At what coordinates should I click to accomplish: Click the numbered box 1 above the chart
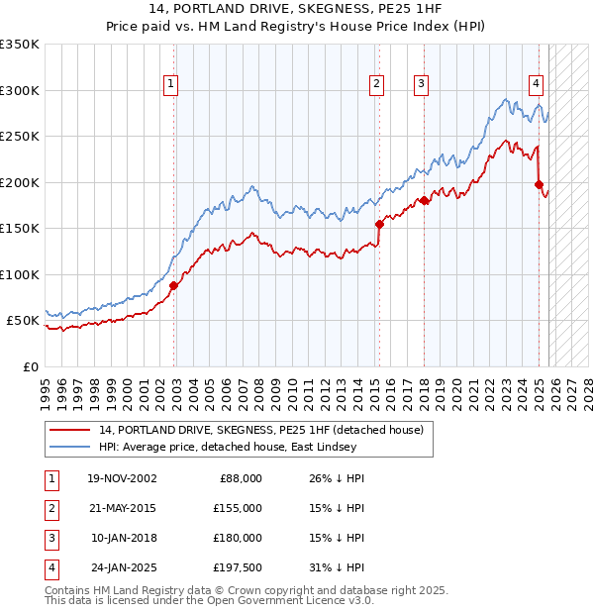pyautogui.click(x=171, y=85)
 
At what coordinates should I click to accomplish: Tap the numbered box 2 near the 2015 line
pyautogui.click(x=377, y=85)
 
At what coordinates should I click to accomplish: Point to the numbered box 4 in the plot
pyautogui.click(x=536, y=85)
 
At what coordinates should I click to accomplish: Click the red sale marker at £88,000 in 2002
pyautogui.click(x=173, y=285)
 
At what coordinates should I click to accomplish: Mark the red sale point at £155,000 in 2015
pyautogui.click(x=378, y=224)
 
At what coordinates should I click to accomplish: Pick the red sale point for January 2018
pyautogui.click(x=423, y=201)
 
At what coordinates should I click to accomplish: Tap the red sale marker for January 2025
pyautogui.click(x=540, y=184)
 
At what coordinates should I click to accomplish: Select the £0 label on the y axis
pyautogui.click(x=31, y=366)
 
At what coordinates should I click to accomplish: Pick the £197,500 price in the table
pyautogui.click(x=237, y=568)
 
